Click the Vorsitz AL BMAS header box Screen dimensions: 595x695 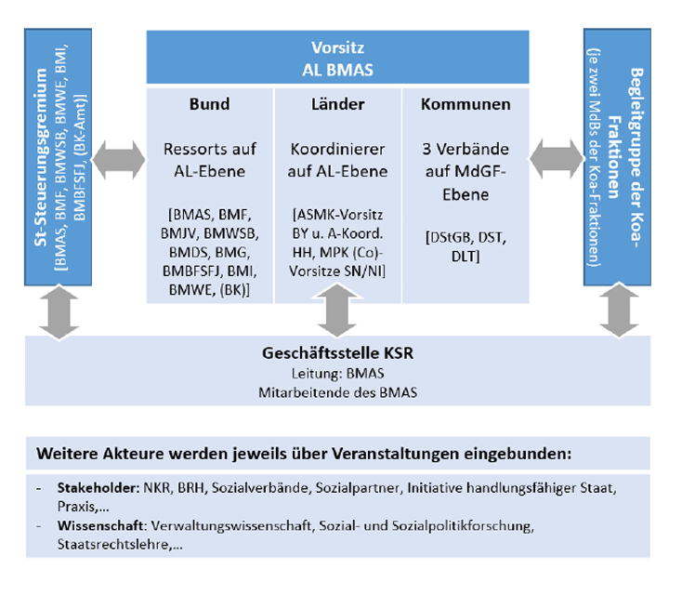(x=337, y=58)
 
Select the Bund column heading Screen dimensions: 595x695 (x=209, y=104)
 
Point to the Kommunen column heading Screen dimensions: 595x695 (x=466, y=104)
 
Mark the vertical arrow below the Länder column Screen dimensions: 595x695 (x=337, y=316)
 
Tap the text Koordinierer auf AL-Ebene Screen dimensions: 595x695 (x=337, y=160)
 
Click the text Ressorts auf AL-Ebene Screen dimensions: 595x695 (x=209, y=160)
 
